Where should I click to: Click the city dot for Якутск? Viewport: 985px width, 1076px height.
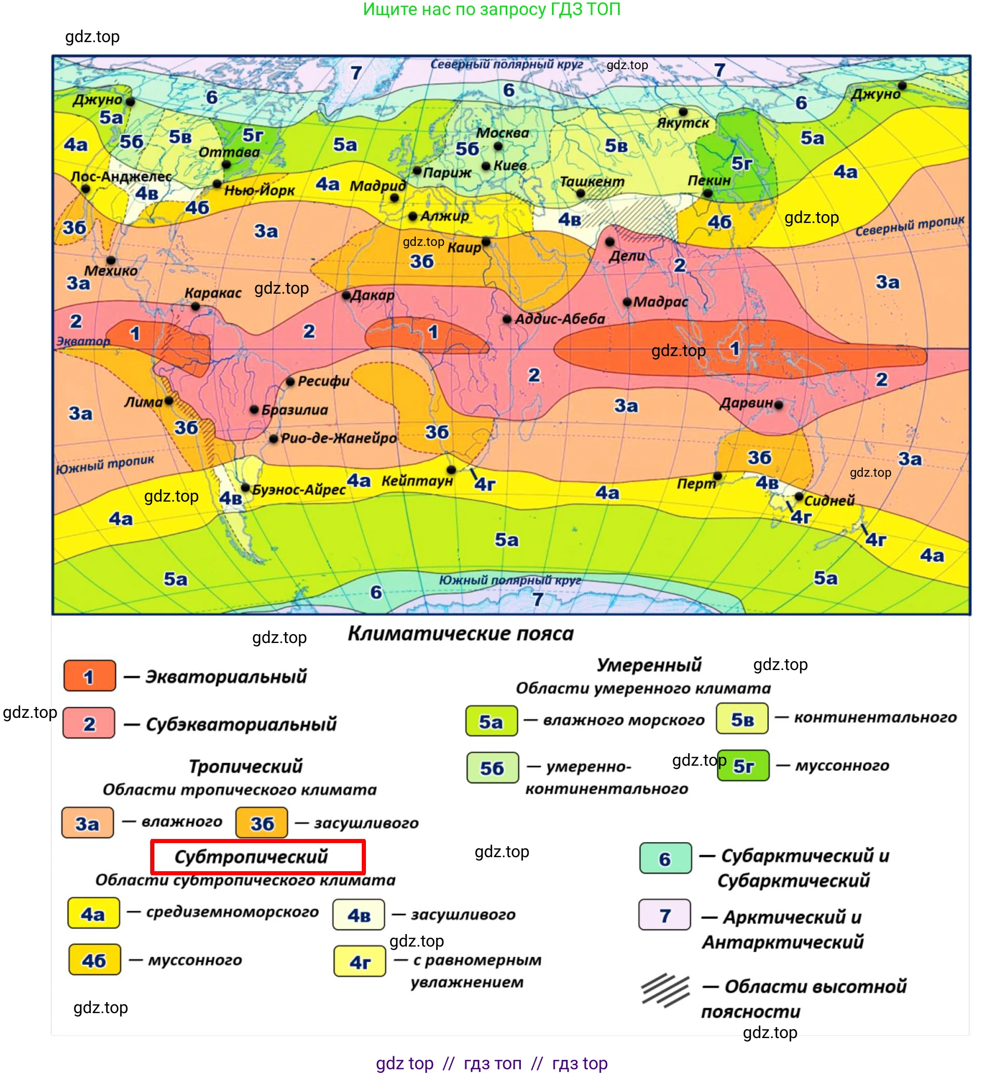click(684, 112)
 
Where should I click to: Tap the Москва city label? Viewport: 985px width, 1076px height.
click(503, 133)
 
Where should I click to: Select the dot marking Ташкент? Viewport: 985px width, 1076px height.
click(581, 194)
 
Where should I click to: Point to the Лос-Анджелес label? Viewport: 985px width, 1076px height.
click(122, 177)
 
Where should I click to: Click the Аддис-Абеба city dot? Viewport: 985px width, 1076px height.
click(507, 319)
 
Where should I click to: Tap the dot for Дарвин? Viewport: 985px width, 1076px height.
click(779, 405)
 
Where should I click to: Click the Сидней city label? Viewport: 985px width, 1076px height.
click(829, 501)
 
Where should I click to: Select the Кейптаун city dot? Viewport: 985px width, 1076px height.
click(451, 470)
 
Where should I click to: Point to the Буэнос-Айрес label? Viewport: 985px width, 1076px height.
click(299, 490)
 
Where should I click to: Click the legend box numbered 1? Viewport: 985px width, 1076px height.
click(89, 676)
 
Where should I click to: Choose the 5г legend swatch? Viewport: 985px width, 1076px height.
click(743, 766)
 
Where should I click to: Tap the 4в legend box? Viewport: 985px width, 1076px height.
click(359, 915)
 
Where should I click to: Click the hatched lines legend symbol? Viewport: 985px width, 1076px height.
click(665, 990)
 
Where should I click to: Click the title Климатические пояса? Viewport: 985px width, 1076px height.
click(461, 634)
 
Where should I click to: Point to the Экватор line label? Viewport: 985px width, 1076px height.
click(83, 341)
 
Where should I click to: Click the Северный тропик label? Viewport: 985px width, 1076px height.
click(910, 226)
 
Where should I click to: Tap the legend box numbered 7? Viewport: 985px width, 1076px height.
click(665, 915)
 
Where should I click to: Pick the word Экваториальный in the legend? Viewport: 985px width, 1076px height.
click(226, 677)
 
